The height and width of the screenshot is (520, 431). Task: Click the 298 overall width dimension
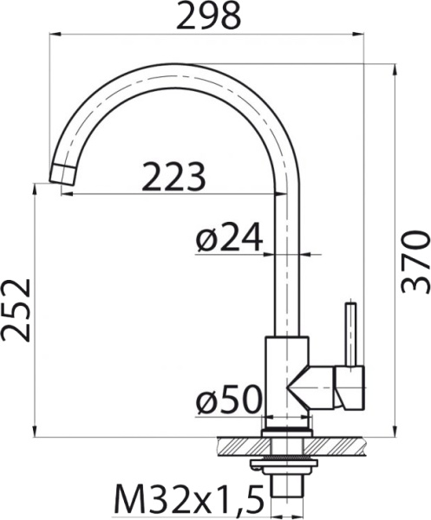pos(208,15)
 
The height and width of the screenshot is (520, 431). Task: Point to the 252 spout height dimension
pos(16,309)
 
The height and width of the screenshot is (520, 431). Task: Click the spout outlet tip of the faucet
pos(62,172)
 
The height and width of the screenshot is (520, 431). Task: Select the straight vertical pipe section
pos(287,260)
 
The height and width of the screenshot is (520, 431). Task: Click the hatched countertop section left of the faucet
pos(238,445)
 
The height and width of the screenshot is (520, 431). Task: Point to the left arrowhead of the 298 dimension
pos(52,33)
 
